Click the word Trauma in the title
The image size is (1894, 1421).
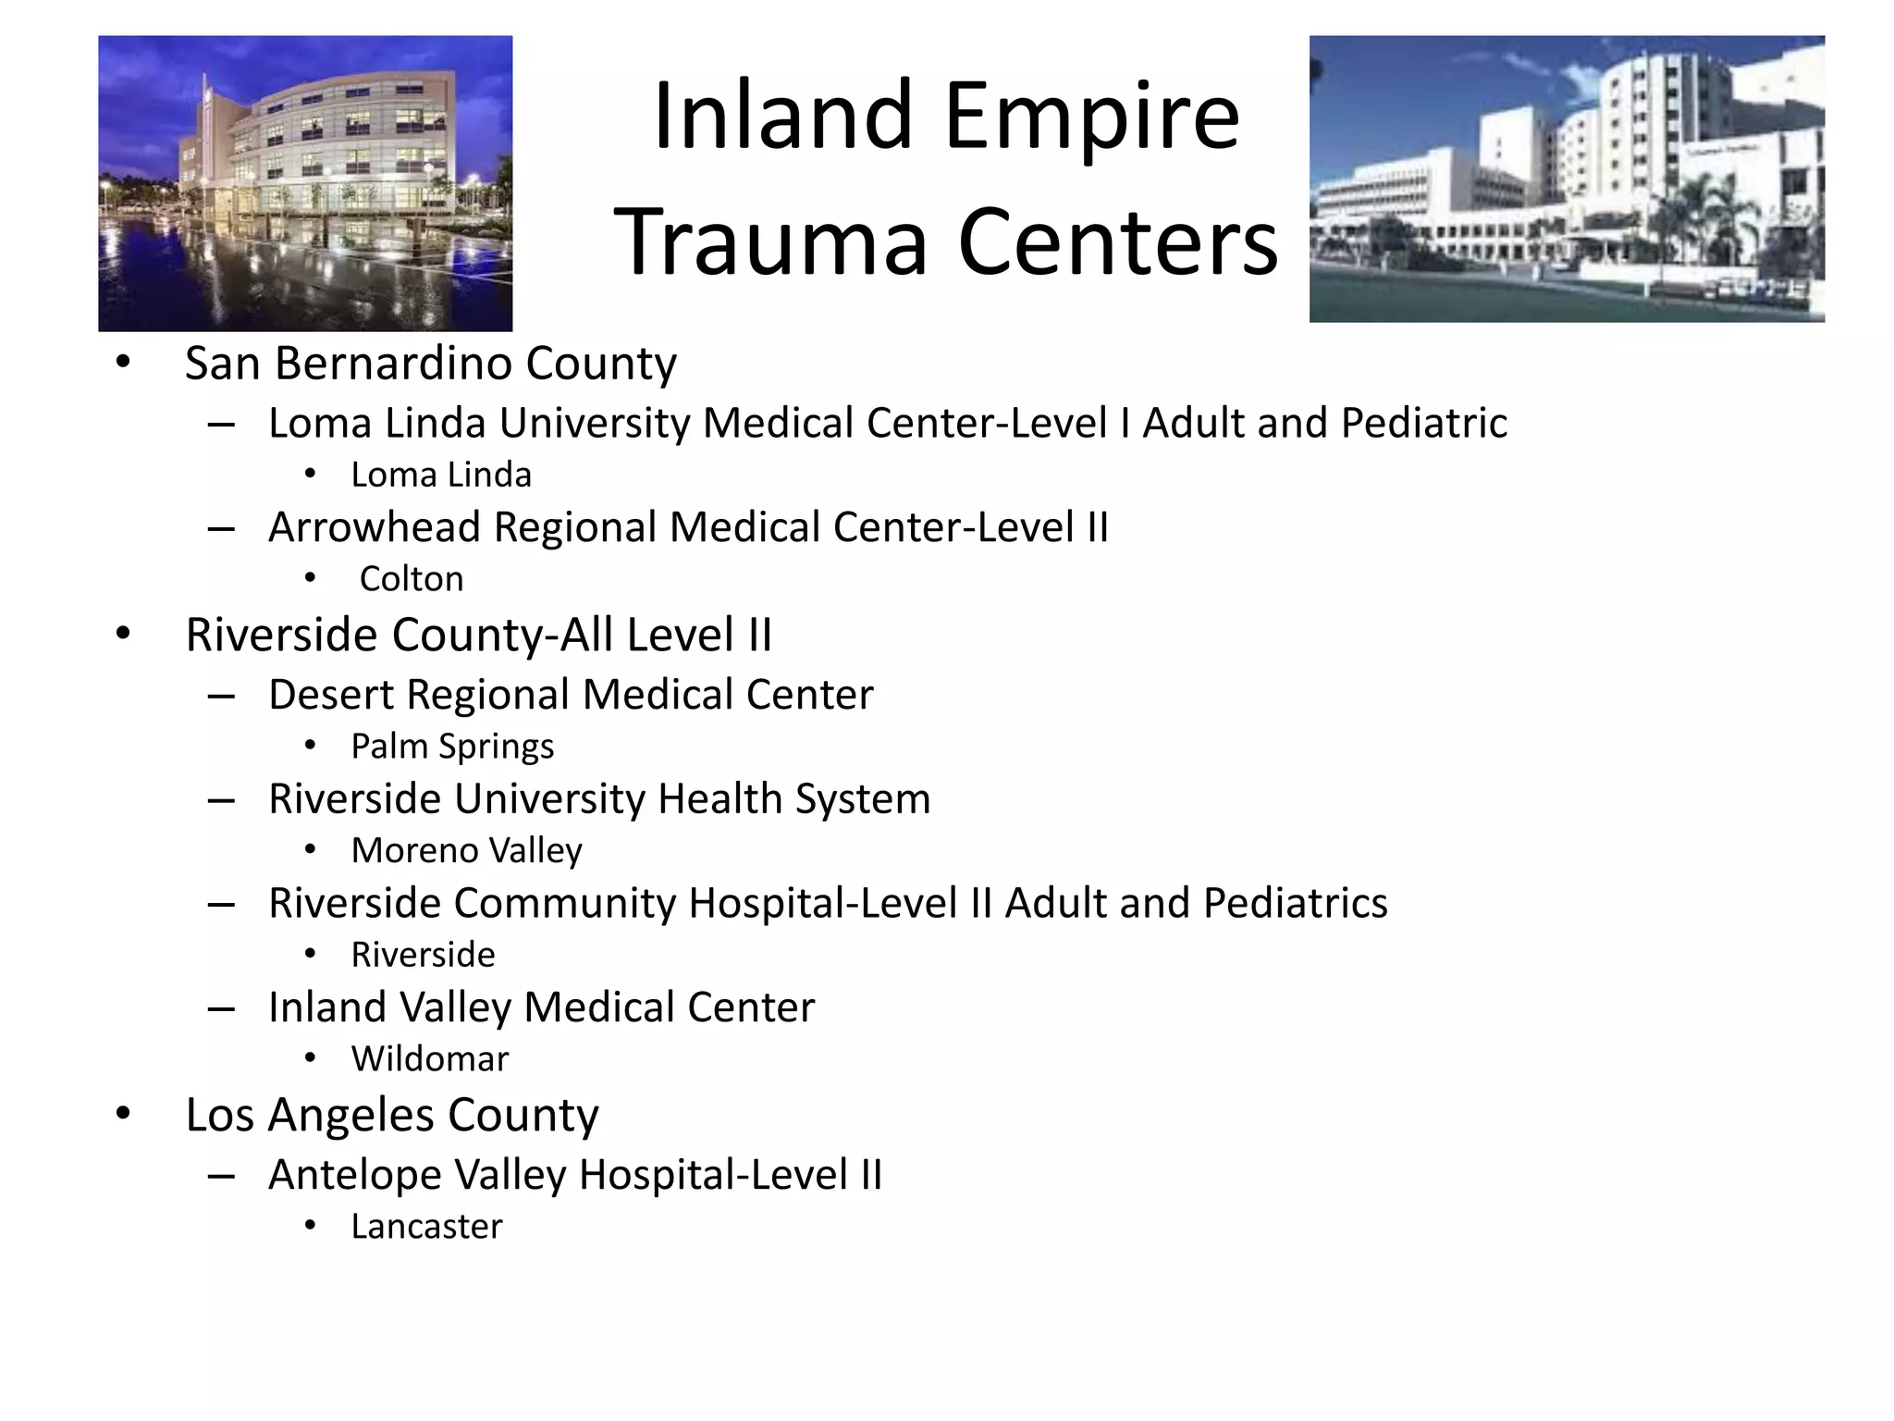pos(769,242)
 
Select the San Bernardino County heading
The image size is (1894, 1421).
pos(430,363)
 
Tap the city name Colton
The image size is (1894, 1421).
pos(412,579)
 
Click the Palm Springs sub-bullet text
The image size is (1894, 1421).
pos(452,747)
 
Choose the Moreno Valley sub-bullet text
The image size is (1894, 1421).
pos(466,851)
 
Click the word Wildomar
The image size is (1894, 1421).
pos(430,1059)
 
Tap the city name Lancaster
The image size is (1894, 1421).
pos(426,1227)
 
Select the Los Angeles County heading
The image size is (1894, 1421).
pos(392,1115)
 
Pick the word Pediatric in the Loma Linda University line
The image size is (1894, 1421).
pos(1423,424)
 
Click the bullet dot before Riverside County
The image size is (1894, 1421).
pos(123,635)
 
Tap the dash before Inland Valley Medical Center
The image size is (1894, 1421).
pos(221,1008)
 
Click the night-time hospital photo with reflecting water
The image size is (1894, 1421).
pos(305,183)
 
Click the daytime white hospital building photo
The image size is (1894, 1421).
pos(1567,179)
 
